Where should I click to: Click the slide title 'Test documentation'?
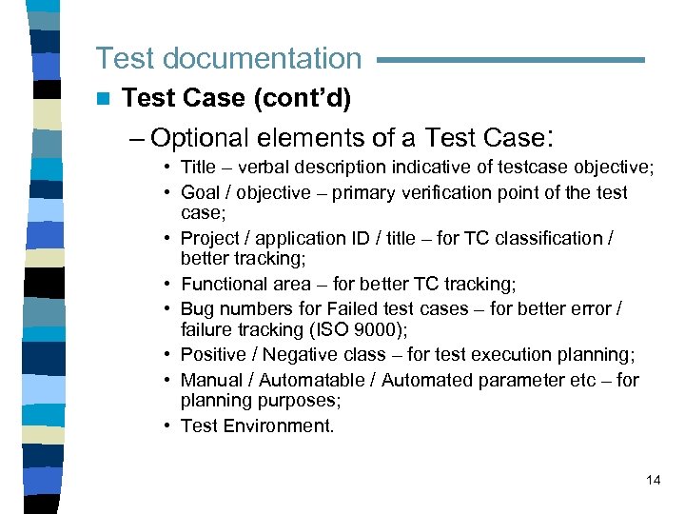[228, 58]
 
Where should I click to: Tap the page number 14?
[653, 480]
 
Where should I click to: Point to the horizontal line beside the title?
[510, 60]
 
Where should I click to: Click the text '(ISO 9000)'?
[366, 329]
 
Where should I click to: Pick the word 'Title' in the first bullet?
[199, 168]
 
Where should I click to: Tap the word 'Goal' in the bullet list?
[200, 193]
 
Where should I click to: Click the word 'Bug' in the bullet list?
[197, 309]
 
